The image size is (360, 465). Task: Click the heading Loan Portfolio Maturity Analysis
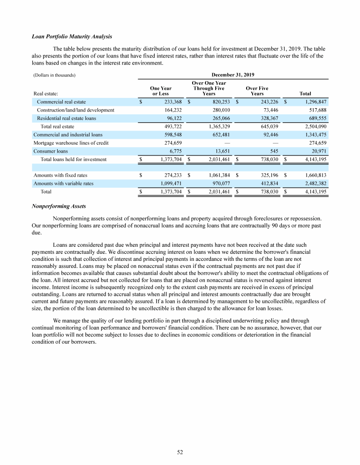tap(72, 37)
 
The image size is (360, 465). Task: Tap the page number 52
tap(180, 452)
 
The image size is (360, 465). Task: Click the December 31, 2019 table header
tap(233, 74)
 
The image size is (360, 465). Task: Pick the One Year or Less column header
tap(160, 91)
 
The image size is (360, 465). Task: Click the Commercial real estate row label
tap(61, 102)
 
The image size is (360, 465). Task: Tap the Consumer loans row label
tap(50, 151)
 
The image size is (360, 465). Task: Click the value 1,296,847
tap(315, 102)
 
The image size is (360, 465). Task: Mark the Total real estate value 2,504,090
tap(315, 126)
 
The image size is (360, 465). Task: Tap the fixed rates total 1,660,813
tap(315, 176)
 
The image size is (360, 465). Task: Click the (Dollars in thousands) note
tap(54, 75)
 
